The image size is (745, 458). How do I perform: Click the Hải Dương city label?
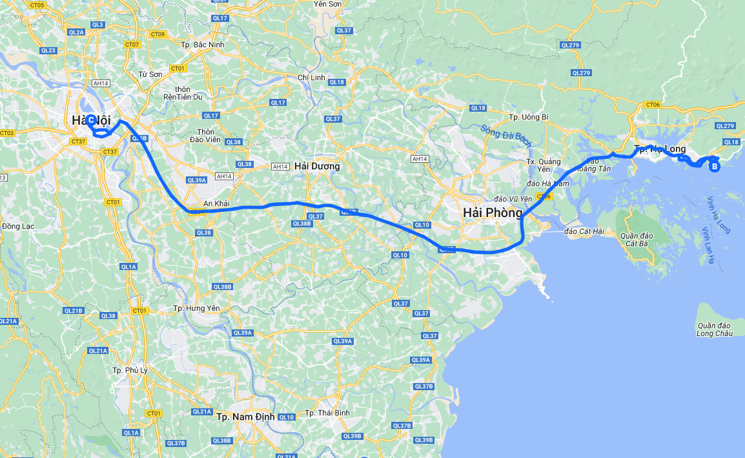pos(316,166)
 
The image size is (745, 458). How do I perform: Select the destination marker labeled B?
pos(715,167)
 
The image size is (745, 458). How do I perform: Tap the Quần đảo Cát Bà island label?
pos(636,240)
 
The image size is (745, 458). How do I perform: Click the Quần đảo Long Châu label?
pos(715,329)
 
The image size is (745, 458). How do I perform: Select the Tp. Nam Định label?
pos(245,417)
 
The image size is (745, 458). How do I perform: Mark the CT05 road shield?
pos(37,5)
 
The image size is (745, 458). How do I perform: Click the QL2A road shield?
pos(76,32)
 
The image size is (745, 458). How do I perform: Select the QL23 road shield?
pos(48,50)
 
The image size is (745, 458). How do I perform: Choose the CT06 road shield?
pos(653,105)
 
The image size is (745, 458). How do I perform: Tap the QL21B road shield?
pos(74,311)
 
